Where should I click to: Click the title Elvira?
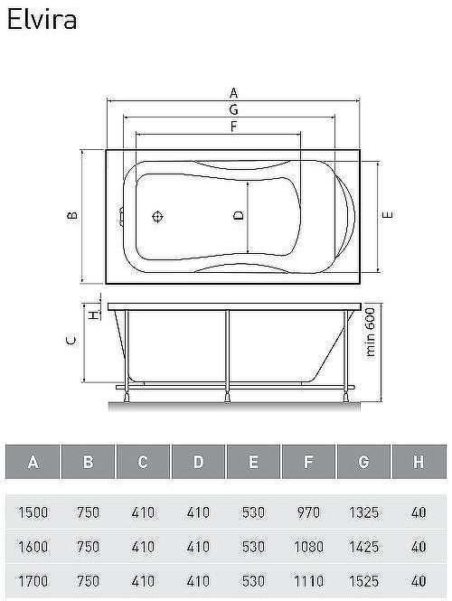pos(42,20)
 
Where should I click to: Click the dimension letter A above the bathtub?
pos(233,92)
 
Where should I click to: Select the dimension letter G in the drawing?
pos(233,109)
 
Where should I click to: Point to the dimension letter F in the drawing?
pos(233,127)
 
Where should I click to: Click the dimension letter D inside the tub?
pos(238,215)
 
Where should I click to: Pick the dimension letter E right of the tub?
pos(387,215)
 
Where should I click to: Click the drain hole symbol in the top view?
pos(158,217)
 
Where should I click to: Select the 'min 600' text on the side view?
pos(371,333)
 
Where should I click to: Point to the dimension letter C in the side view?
pos(72,341)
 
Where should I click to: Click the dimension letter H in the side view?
pos(91,313)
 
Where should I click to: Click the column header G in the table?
pos(363,463)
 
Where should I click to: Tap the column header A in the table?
pos(33,463)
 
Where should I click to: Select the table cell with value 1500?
pos(33,512)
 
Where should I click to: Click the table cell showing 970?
pos(308,512)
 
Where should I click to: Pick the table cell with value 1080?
pos(308,546)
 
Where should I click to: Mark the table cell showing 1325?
pos(363,512)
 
